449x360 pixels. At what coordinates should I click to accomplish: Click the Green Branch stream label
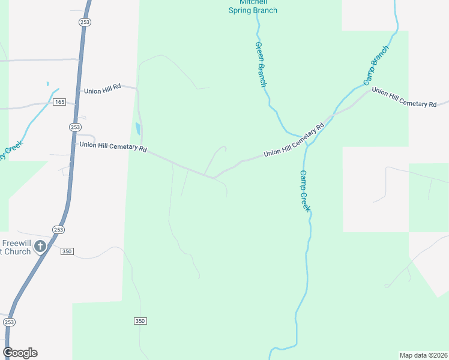(x=261, y=64)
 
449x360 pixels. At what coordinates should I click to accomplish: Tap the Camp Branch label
(x=376, y=64)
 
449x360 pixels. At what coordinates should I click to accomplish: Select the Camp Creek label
(x=304, y=190)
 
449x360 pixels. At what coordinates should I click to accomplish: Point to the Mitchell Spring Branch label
(x=253, y=7)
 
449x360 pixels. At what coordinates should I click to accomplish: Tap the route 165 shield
(x=59, y=103)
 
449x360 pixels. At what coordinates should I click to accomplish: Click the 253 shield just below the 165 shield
(x=75, y=127)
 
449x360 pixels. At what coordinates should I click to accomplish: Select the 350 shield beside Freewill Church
(x=67, y=251)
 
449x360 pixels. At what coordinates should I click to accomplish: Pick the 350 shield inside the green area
(x=140, y=322)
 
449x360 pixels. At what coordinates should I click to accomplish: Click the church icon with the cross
(x=40, y=246)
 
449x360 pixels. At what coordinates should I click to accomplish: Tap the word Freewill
(x=16, y=243)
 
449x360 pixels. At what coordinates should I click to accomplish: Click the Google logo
(x=20, y=353)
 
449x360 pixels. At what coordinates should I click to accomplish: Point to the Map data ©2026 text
(x=423, y=355)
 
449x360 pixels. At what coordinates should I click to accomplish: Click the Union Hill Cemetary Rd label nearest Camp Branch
(x=404, y=97)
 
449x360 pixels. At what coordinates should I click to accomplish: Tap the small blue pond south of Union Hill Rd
(x=138, y=128)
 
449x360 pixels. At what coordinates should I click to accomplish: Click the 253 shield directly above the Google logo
(x=9, y=322)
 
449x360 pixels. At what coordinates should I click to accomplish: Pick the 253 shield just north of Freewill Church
(x=58, y=230)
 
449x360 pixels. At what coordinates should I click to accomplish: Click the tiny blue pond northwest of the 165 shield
(x=47, y=83)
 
